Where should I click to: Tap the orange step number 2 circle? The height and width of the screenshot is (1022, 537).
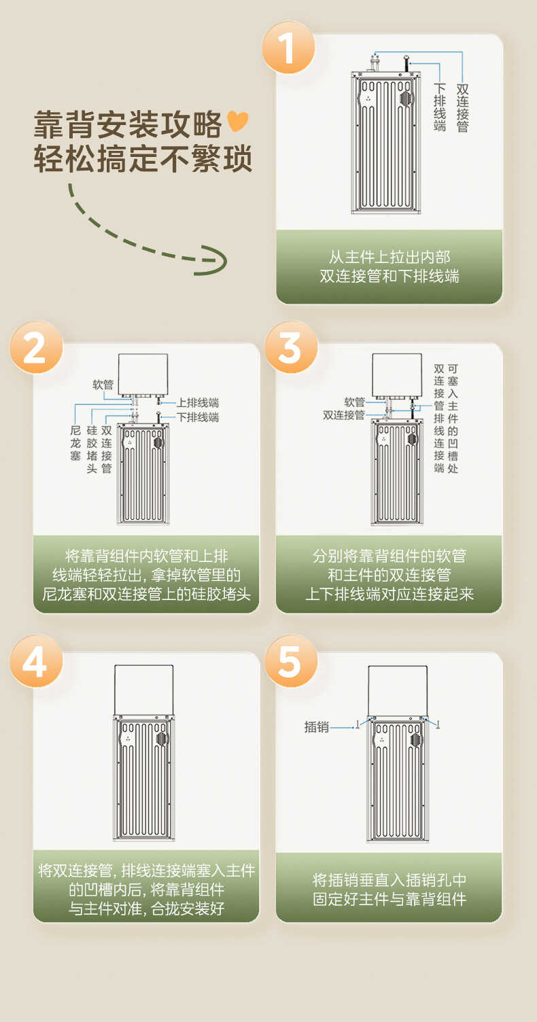click(35, 347)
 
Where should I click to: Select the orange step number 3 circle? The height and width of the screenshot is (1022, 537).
click(290, 347)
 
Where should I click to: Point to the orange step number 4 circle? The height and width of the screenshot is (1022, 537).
click(35, 660)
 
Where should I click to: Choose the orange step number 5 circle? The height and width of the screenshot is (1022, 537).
click(290, 660)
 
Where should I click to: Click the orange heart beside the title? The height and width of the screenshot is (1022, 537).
click(238, 122)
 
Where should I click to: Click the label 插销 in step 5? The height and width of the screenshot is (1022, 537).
click(316, 727)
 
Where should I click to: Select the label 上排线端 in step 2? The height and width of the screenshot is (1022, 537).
click(198, 403)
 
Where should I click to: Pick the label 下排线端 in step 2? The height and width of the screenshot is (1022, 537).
click(198, 417)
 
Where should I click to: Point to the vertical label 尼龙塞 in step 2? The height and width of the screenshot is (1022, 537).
click(75, 443)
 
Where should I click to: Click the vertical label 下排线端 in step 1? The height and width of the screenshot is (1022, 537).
click(440, 107)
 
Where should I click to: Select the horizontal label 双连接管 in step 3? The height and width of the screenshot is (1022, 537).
click(343, 415)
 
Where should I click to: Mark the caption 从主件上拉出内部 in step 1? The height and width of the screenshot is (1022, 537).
click(389, 258)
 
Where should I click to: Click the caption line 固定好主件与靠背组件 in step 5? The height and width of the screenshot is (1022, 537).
click(389, 899)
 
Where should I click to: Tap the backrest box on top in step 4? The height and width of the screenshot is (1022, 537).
click(143, 690)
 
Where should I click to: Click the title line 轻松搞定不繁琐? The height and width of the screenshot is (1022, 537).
click(143, 159)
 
